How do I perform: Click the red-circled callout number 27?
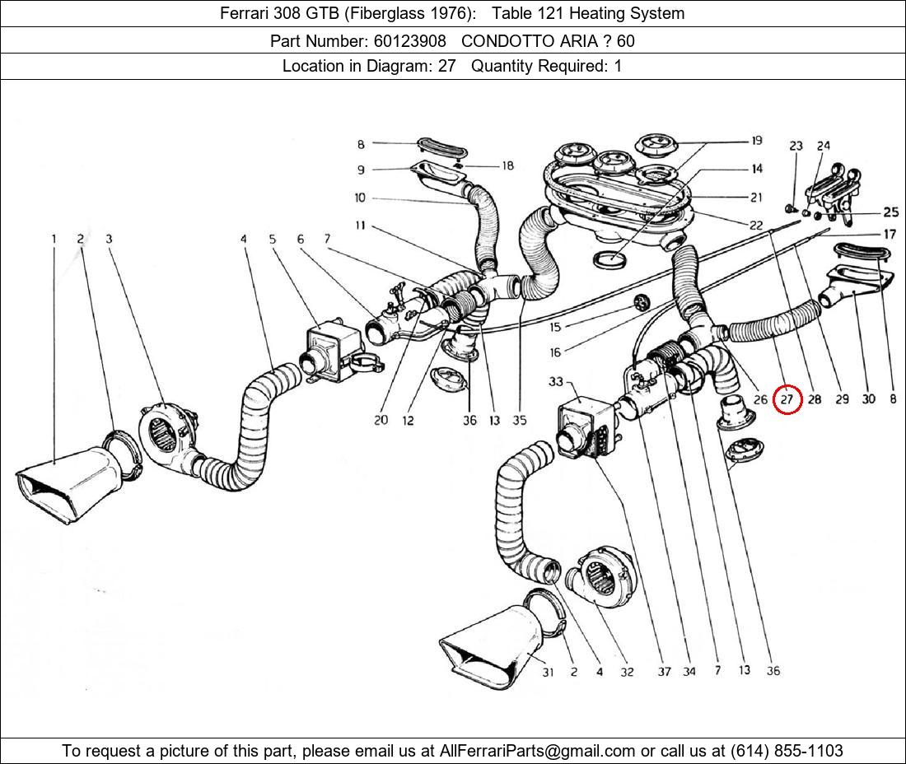pyautogui.click(x=787, y=399)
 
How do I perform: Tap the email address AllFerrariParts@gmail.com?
pyautogui.click(x=538, y=751)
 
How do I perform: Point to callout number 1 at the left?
pyautogui.click(x=54, y=240)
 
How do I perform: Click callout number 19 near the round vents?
pyautogui.click(x=755, y=142)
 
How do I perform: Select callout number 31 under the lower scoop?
pyautogui.click(x=548, y=672)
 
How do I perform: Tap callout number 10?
pyautogui.click(x=360, y=198)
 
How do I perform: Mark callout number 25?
pyautogui.click(x=890, y=212)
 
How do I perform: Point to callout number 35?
pyautogui.click(x=519, y=420)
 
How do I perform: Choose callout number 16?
pyautogui.click(x=555, y=352)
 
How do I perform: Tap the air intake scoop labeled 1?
pyautogui.click(x=70, y=486)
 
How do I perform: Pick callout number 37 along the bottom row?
pyautogui.click(x=663, y=672)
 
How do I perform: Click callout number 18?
pyautogui.click(x=507, y=166)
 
